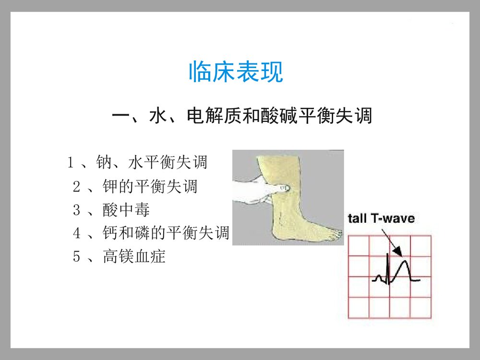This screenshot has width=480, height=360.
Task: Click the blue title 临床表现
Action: click(x=236, y=72)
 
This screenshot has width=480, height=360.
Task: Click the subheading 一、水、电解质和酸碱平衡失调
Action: click(x=241, y=116)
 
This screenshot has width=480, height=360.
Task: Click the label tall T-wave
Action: click(x=381, y=219)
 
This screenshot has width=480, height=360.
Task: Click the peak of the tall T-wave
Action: click(x=405, y=261)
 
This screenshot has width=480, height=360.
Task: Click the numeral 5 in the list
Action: click(x=76, y=257)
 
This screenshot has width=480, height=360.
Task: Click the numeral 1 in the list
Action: click(x=71, y=162)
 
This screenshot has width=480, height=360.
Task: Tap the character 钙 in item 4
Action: click(x=110, y=233)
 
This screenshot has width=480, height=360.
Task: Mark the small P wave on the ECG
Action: click(x=380, y=276)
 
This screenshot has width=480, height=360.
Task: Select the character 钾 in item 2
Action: click(x=110, y=186)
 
